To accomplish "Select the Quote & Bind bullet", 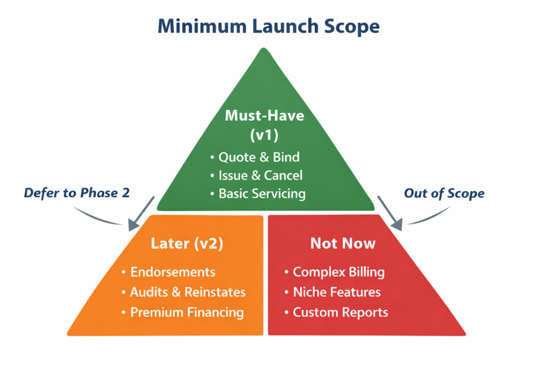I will click(258, 158).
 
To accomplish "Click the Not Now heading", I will click(343, 243).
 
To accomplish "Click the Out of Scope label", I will click(444, 193).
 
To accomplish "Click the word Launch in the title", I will click(288, 26).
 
